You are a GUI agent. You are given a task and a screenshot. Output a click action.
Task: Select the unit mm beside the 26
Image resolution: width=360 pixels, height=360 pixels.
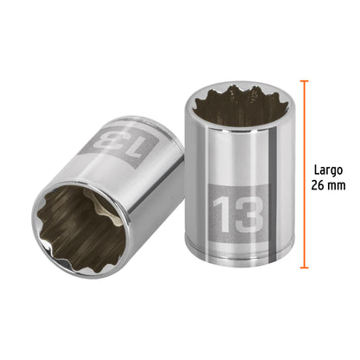click(x=340, y=187)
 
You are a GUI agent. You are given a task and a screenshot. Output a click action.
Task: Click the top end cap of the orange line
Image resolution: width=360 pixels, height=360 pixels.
click(x=304, y=80)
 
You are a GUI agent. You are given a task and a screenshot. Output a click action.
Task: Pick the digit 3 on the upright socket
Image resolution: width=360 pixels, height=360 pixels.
click(x=247, y=213)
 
